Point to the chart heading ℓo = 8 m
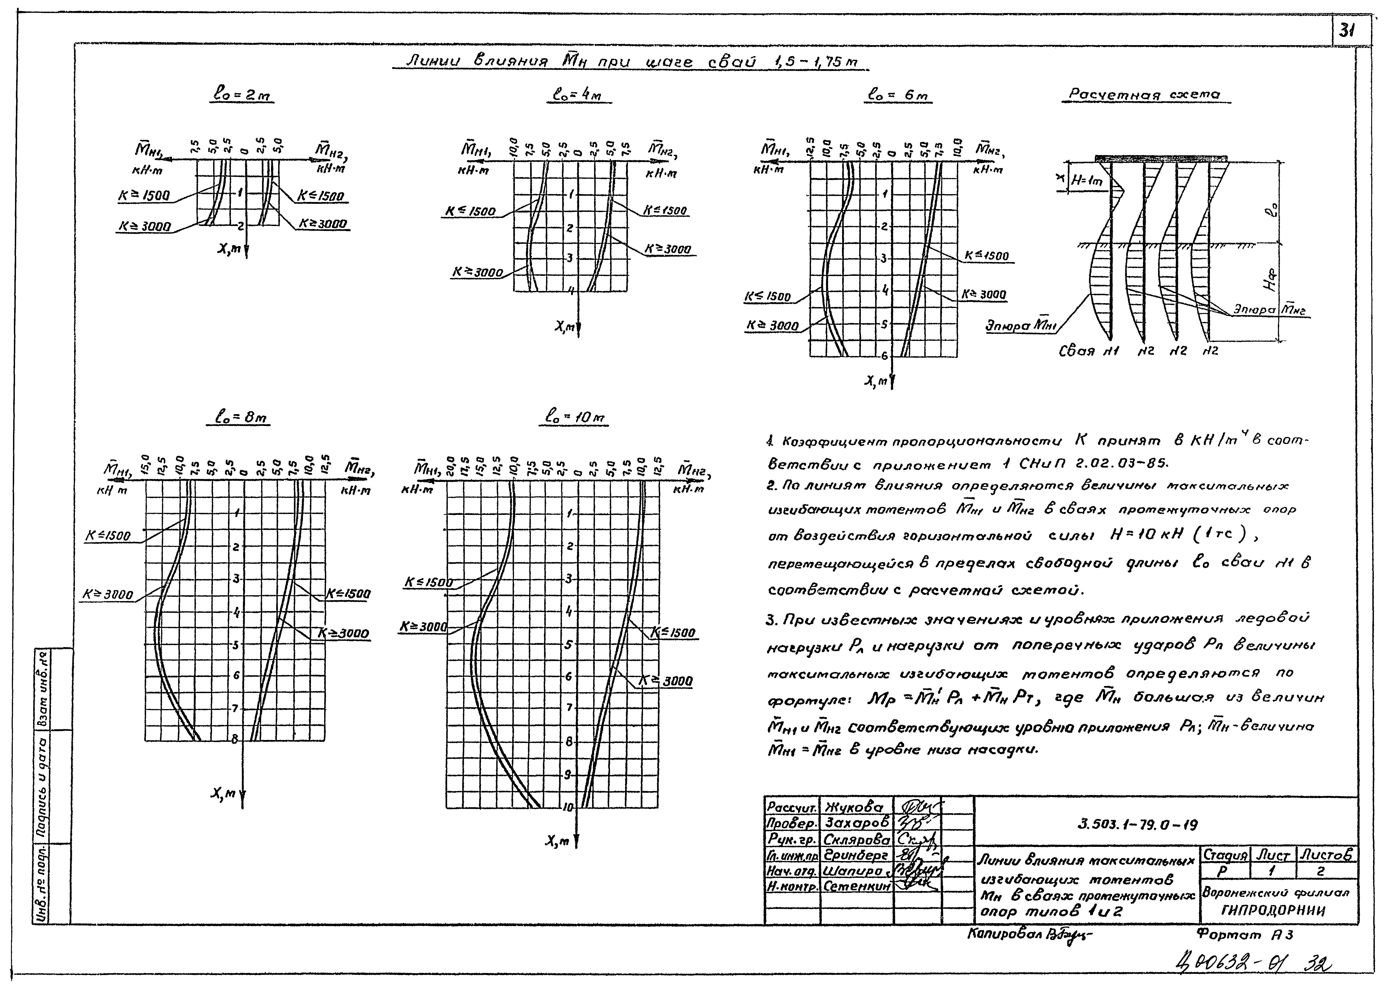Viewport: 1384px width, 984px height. [242, 417]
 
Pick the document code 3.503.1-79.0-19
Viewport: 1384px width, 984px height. [1137, 825]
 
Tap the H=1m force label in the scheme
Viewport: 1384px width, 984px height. [1087, 180]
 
